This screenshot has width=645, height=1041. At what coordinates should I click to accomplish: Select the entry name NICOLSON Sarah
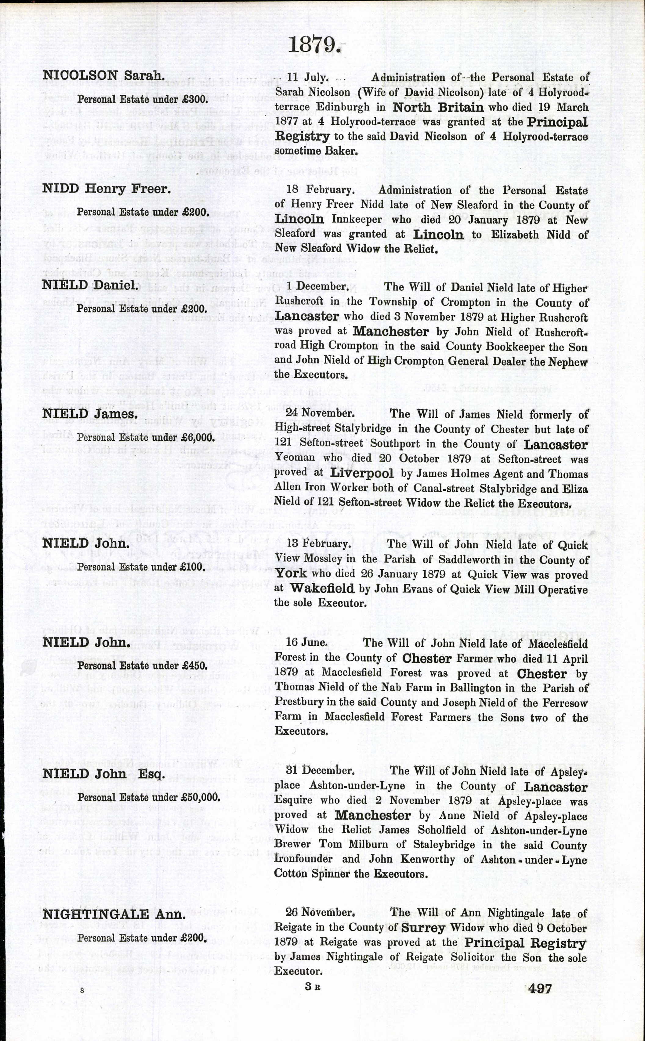click(104, 76)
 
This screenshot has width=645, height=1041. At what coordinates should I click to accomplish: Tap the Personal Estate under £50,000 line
click(149, 797)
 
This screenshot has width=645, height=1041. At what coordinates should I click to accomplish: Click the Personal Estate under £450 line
click(142, 666)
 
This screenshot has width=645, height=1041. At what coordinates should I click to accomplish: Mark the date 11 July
click(307, 77)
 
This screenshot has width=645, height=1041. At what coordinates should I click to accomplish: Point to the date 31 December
click(320, 770)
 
